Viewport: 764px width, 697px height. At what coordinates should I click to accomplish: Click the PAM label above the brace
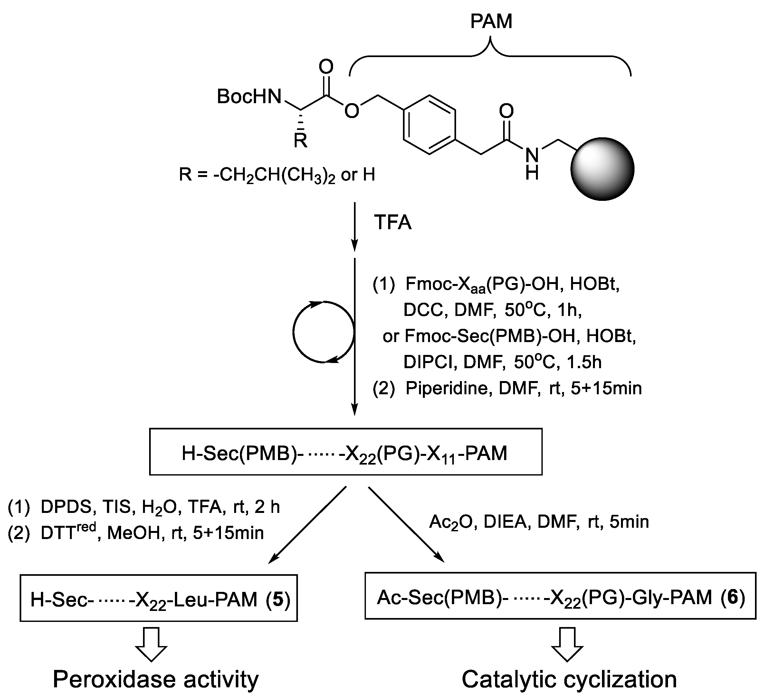(x=491, y=21)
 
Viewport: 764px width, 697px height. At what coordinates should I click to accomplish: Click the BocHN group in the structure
(x=249, y=96)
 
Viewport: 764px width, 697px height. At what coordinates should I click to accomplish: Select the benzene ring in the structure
(x=429, y=125)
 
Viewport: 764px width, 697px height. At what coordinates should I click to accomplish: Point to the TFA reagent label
(x=392, y=222)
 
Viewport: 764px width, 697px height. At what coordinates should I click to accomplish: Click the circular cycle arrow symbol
(x=323, y=332)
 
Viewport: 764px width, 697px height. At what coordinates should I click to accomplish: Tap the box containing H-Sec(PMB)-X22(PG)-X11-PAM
(x=345, y=452)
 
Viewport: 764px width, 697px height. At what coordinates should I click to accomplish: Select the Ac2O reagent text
(x=449, y=522)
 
